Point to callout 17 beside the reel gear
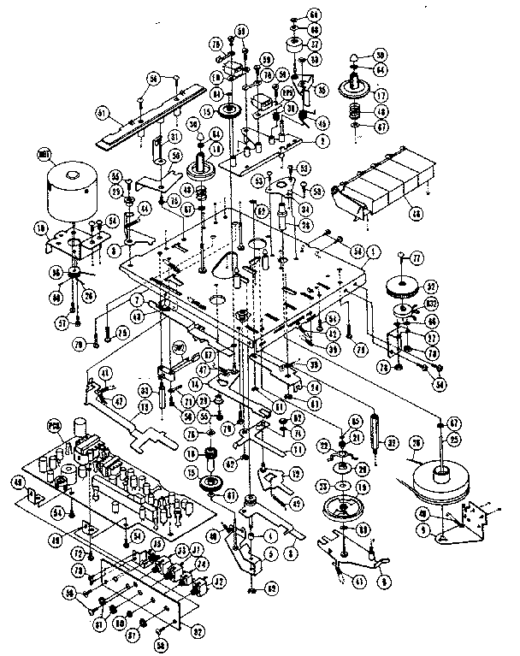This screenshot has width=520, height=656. coord(379,96)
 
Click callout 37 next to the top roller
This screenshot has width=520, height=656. coord(315,44)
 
